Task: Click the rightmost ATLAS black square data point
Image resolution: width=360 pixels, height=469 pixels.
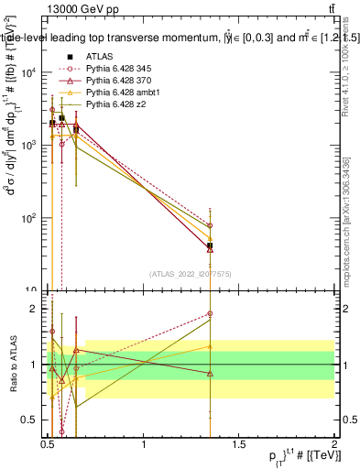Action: pyautogui.click(x=211, y=245)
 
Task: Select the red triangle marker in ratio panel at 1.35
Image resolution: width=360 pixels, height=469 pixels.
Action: pyautogui.click(x=211, y=374)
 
